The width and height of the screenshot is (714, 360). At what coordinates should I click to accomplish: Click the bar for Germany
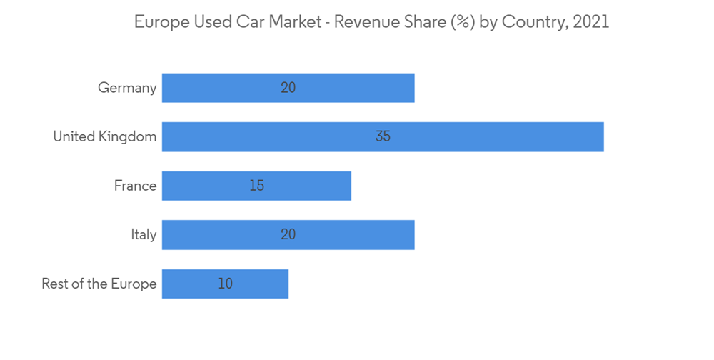343,88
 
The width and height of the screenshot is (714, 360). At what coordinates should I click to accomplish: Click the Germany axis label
127,88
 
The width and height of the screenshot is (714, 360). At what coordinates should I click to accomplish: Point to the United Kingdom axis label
105,136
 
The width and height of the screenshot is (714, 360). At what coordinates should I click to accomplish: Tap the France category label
135,186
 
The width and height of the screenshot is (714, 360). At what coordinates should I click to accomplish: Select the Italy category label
144,234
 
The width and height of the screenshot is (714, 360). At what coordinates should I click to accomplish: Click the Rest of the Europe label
99,284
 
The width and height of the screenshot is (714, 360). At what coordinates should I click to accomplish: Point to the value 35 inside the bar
383,136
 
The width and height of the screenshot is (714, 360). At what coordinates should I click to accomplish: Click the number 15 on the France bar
257,186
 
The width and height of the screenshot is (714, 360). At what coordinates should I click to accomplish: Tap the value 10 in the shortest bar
226,284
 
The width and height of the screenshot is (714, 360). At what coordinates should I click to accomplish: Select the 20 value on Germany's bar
288,88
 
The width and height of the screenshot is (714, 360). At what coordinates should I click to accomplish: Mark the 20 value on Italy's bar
288,234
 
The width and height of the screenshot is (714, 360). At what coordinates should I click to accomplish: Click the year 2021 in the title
592,22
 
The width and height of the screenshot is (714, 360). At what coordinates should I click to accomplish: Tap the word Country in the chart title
534,22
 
